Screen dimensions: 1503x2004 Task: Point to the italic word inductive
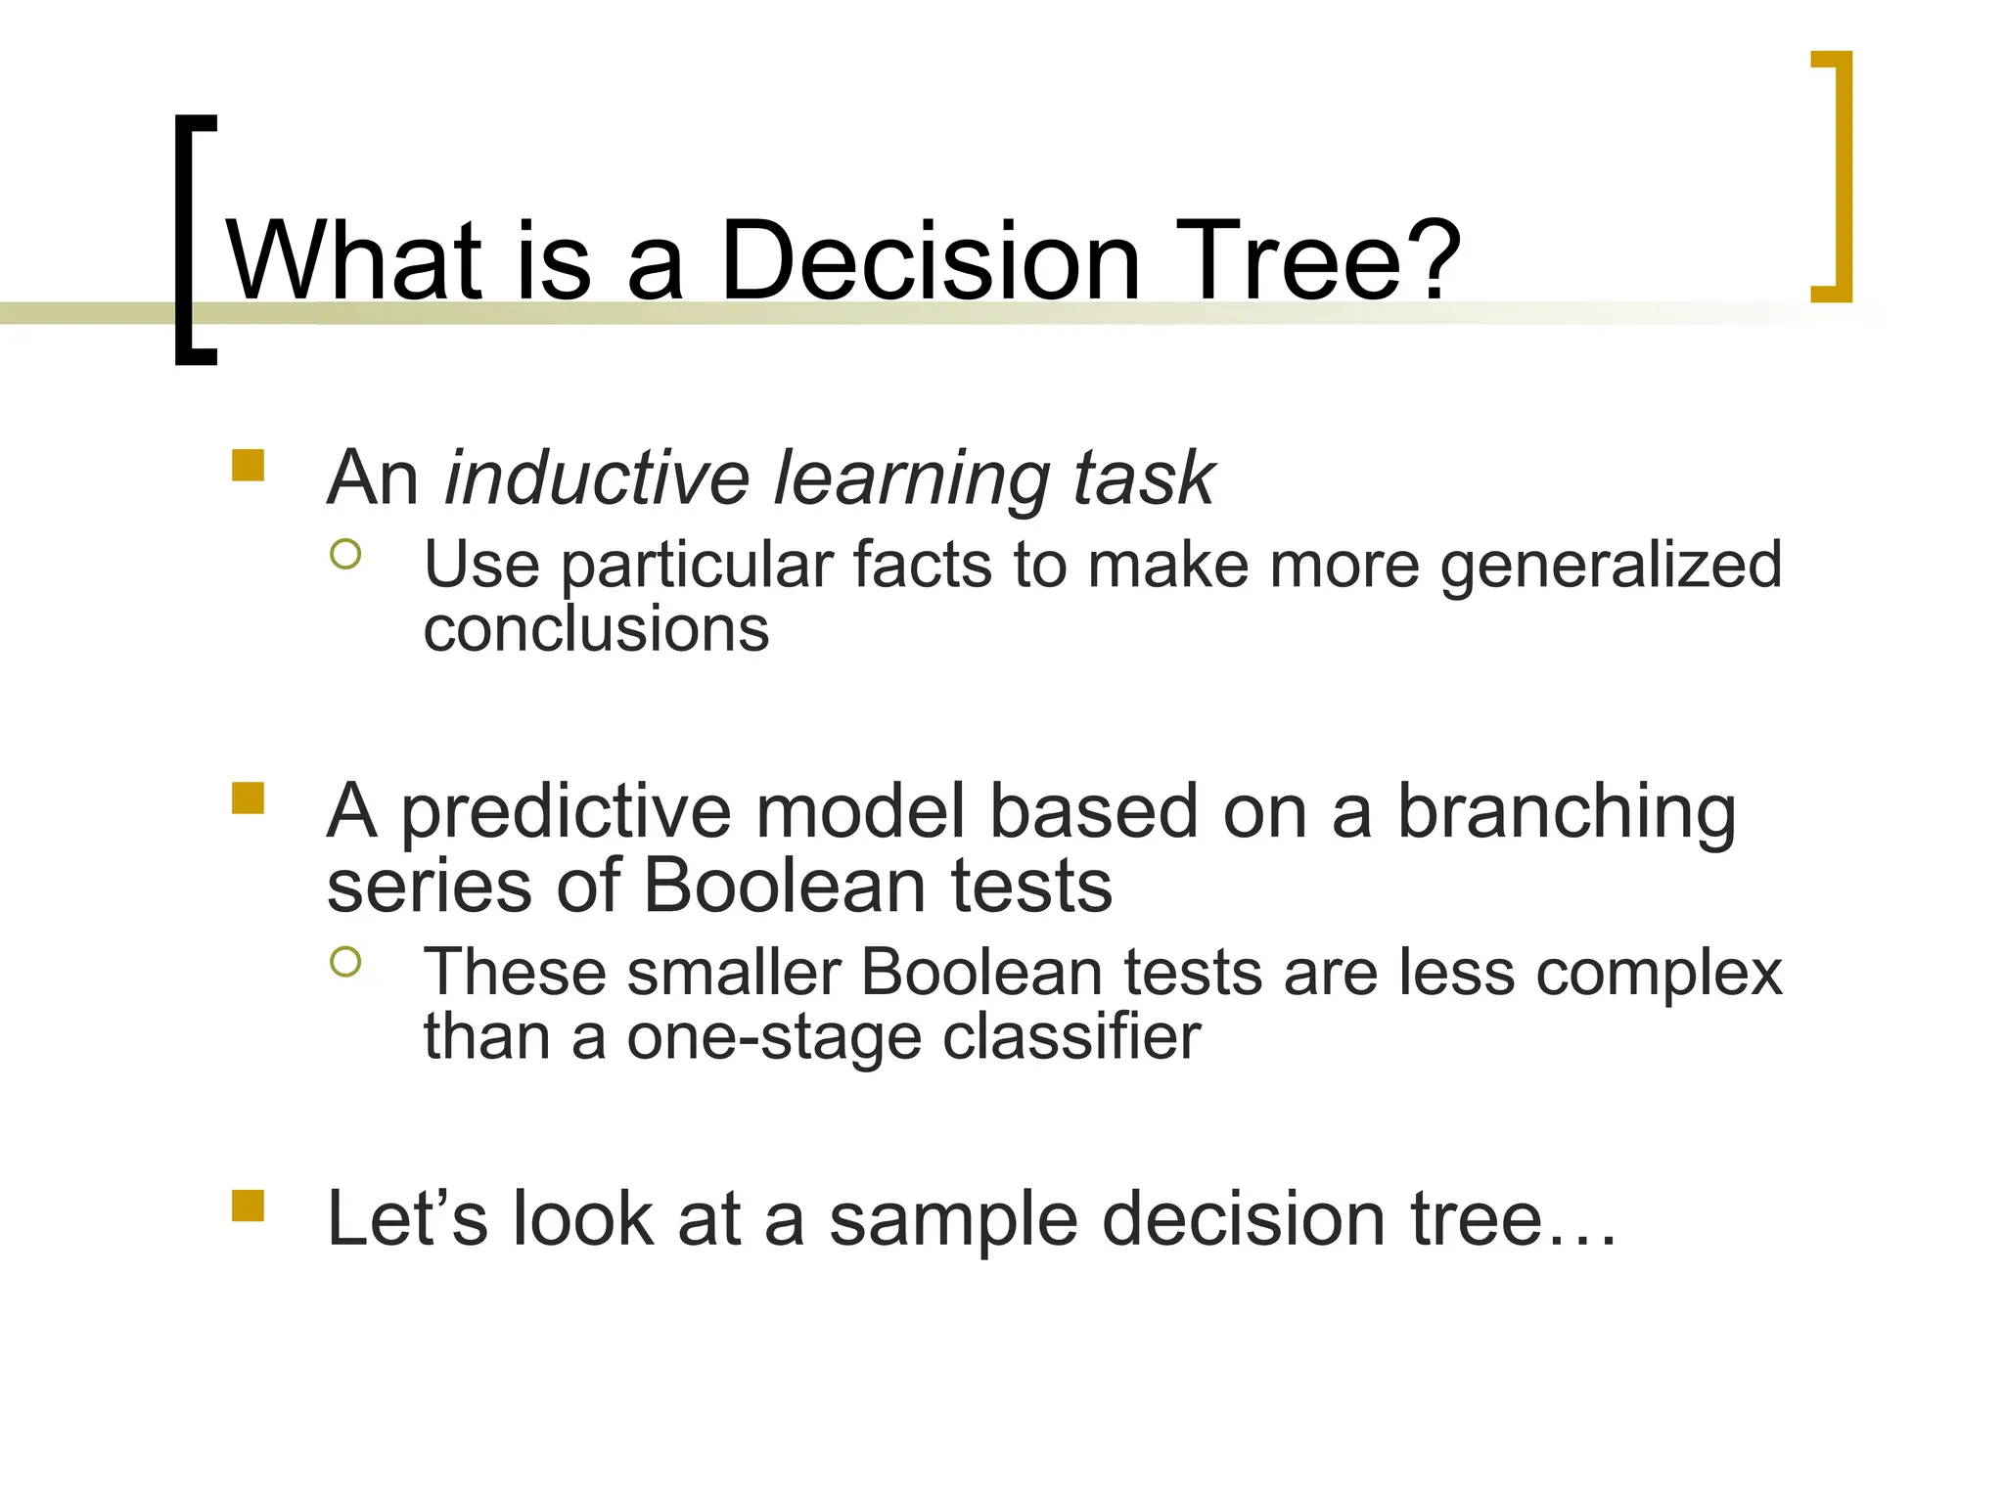click(x=597, y=478)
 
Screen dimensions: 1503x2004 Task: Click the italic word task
click(x=1143, y=478)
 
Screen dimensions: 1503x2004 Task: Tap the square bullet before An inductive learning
click(x=249, y=465)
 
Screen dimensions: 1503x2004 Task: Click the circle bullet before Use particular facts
click(x=345, y=555)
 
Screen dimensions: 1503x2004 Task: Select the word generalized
click(x=1611, y=567)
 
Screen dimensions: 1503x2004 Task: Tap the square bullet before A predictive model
click(x=249, y=798)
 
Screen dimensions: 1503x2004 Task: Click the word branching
click(x=1566, y=812)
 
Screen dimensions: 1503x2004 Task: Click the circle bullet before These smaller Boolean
click(x=345, y=962)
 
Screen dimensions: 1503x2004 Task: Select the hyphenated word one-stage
click(x=774, y=1037)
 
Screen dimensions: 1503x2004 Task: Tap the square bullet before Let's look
click(x=249, y=1206)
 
